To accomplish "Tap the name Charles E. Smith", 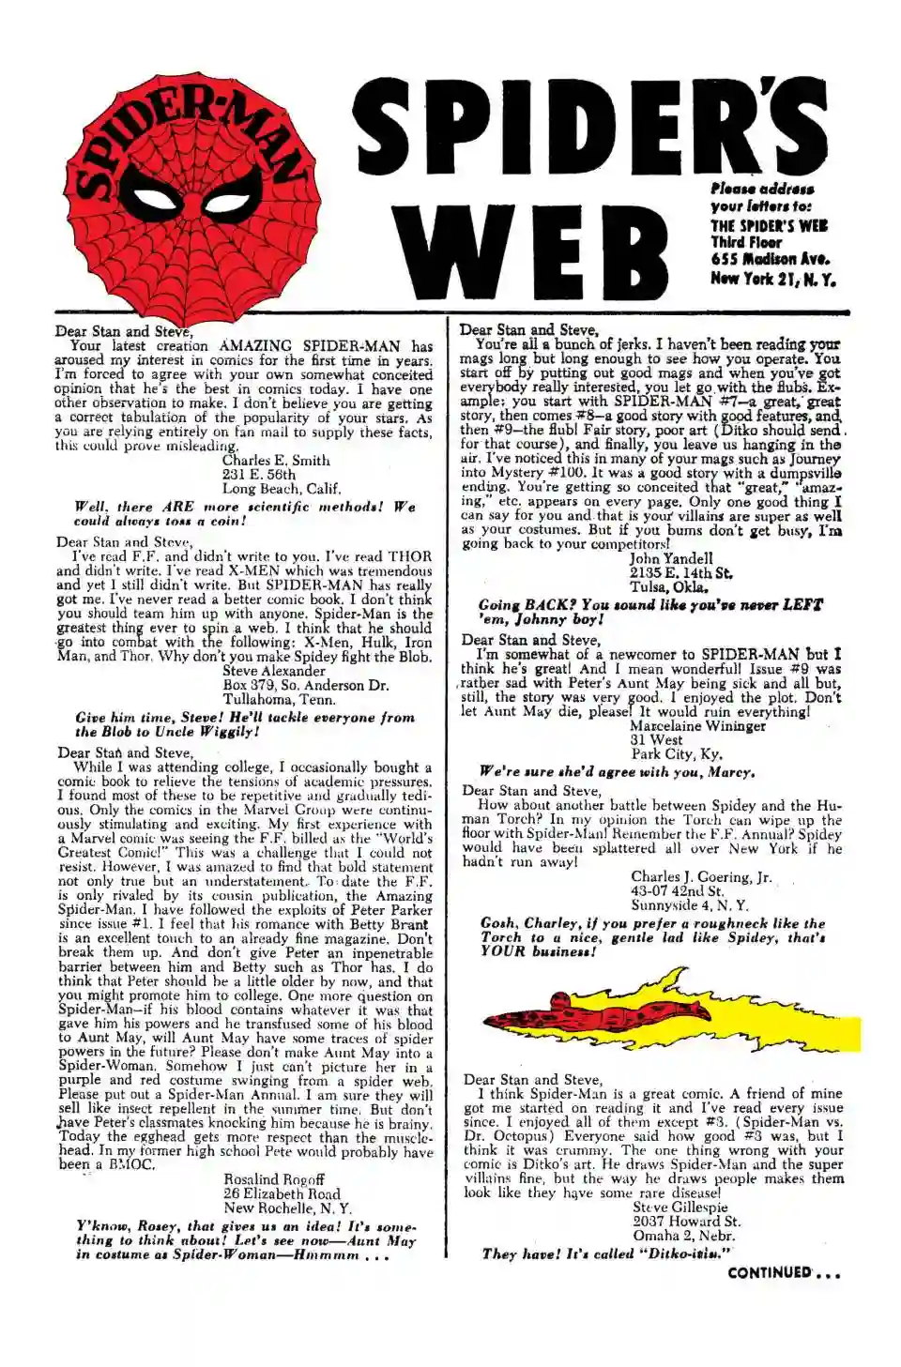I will pyautogui.click(x=276, y=461).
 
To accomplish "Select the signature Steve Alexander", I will pyautogui.click(x=274, y=671).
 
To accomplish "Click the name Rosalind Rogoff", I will pyautogui.click(x=274, y=1179).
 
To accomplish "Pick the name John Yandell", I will pyautogui.click(x=671, y=558).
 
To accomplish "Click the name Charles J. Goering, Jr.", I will pyautogui.click(x=701, y=877).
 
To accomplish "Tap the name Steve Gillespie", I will pyautogui.click(x=680, y=1208).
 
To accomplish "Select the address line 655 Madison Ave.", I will pyautogui.click(x=769, y=260).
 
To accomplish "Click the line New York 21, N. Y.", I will pyautogui.click(x=772, y=279).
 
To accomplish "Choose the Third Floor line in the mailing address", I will pyautogui.click(x=746, y=242).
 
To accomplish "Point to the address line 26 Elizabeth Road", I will pyautogui.click(x=282, y=1193).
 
